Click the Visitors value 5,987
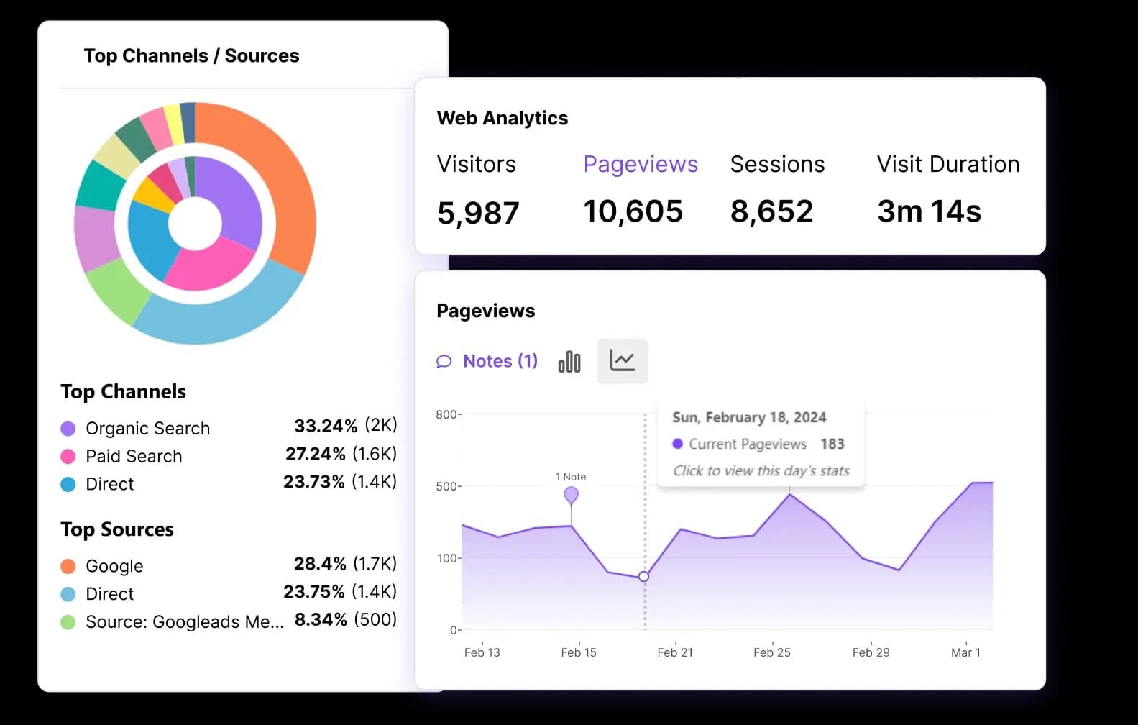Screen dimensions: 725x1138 point(478,213)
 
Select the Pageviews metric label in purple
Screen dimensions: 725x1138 point(641,164)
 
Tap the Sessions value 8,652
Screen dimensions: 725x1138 point(771,211)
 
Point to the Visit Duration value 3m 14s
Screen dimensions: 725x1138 point(929,211)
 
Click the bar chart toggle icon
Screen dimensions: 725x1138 point(569,361)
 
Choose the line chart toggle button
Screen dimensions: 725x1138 point(623,361)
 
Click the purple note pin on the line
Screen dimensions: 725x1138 point(571,495)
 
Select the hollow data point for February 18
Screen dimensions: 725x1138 point(643,576)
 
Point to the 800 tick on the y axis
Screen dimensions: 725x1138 point(447,414)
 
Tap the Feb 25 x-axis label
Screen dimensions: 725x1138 point(771,652)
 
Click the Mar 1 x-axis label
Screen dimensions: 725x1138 point(965,652)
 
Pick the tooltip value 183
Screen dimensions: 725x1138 point(832,444)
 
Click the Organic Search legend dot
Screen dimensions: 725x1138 point(68,429)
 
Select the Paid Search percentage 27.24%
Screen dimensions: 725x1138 point(316,454)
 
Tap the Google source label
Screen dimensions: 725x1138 point(114,566)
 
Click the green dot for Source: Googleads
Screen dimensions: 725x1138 point(68,622)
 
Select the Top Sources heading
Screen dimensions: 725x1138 point(117,529)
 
